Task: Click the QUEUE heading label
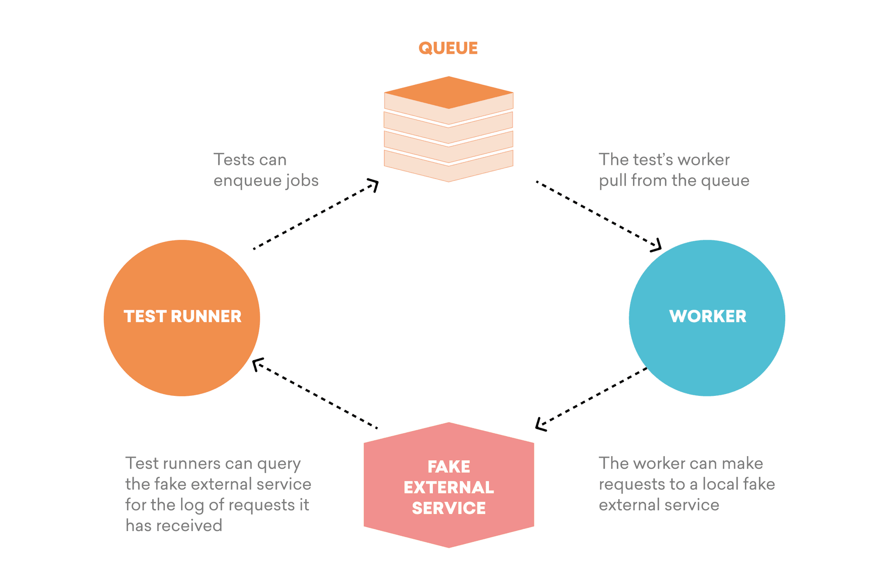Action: pyautogui.click(x=448, y=48)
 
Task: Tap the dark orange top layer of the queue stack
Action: pyautogui.click(x=448, y=92)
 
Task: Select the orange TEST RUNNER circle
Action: pyautogui.click(x=182, y=318)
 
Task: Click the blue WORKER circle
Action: pyautogui.click(x=707, y=318)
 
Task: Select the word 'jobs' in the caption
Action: pyautogui.click(x=301, y=180)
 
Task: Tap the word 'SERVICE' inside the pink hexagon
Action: pyautogui.click(x=449, y=508)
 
